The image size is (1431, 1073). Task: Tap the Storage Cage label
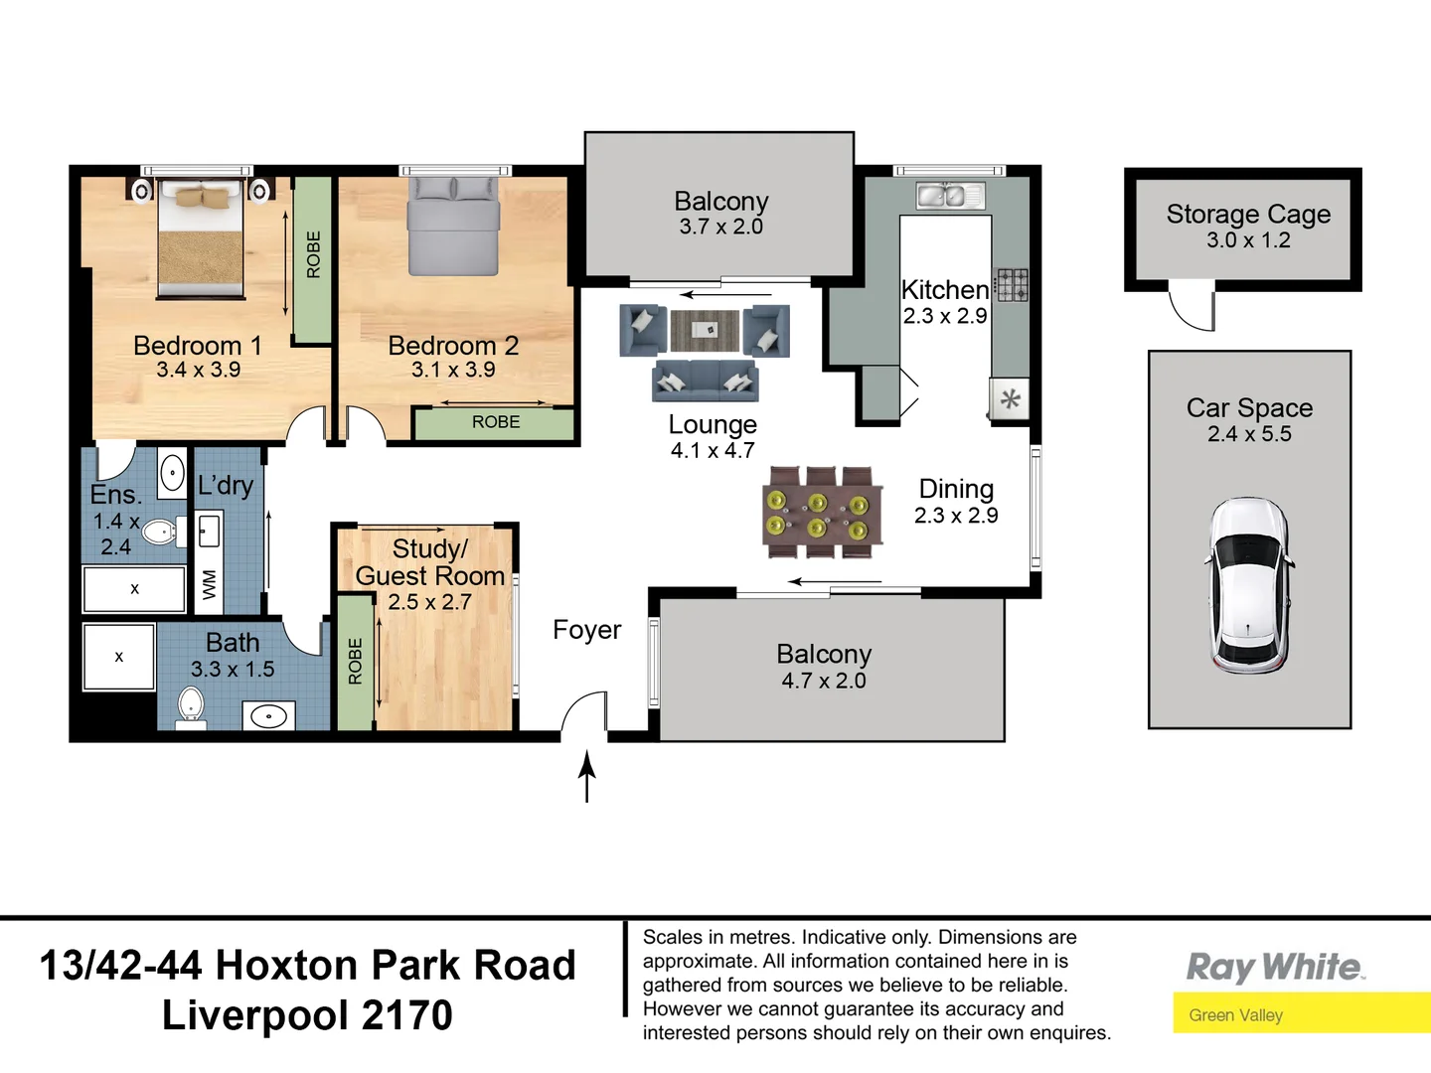(1248, 214)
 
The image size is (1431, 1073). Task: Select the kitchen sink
(949, 196)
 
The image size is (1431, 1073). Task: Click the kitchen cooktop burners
(1013, 284)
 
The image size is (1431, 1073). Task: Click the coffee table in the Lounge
(705, 330)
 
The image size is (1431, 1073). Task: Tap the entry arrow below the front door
(587, 776)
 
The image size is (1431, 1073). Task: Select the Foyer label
(586, 630)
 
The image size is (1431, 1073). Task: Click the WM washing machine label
(209, 584)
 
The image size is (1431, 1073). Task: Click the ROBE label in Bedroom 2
(495, 422)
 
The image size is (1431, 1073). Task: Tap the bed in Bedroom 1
(201, 238)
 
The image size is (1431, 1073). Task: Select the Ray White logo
(1275, 967)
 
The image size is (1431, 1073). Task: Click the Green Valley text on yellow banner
(1235, 1015)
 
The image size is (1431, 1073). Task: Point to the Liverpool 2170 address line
(307, 1015)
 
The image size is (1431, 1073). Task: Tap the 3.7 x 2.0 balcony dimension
(720, 227)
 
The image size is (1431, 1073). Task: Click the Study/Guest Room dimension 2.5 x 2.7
(429, 602)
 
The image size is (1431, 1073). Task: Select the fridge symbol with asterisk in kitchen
(1010, 400)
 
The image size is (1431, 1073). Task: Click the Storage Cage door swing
(1192, 307)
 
